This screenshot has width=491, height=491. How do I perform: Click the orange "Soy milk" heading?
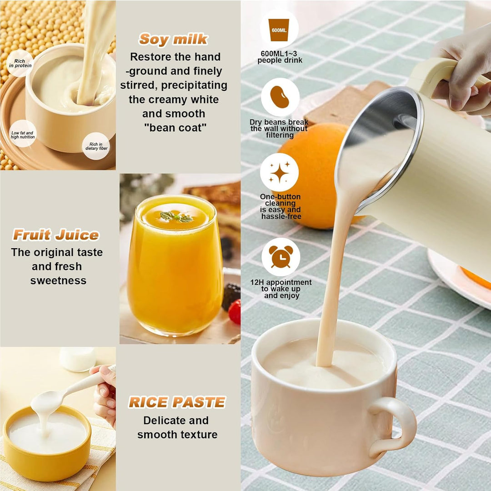[173, 40]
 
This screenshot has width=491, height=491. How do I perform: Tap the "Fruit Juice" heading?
[56, 235]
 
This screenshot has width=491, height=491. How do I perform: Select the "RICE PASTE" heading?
[177, 402]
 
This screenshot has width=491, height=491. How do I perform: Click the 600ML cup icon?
[279, 30]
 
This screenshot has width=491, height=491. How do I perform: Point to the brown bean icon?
[280, 97]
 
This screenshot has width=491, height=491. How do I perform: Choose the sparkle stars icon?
[280, 172]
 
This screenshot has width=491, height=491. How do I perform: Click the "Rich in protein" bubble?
[20, 63]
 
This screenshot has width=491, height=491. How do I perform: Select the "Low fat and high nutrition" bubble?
[22, 134]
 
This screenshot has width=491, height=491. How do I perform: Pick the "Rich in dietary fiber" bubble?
[96, 146]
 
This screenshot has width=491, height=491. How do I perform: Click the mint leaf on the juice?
[176, 217]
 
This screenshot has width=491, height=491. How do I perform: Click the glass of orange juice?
[175, 266]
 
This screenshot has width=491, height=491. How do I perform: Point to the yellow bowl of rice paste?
[47, 443]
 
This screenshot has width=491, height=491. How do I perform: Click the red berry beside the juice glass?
[235, 311]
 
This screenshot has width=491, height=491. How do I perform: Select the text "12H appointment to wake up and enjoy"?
[281, 289]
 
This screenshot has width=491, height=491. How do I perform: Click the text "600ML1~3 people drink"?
[280, 57]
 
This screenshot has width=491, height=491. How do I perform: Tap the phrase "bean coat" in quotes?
[175, 128]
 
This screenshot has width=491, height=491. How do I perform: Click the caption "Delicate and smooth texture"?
[177, 427]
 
